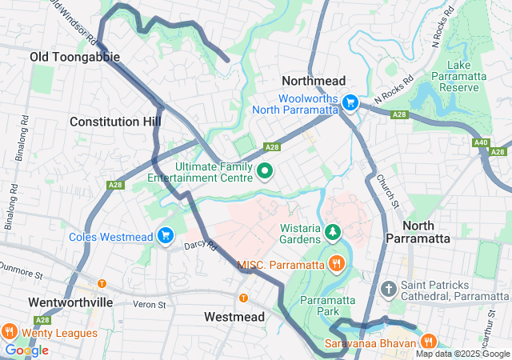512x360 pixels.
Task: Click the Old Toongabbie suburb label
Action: click(x=74, y=57)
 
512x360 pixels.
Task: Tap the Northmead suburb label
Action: click(x=313, y=81)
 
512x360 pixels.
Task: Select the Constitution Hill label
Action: click(x=115, y=122)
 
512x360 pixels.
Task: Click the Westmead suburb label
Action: click(x=234, y=317)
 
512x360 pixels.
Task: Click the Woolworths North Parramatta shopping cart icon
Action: click(x=350, y=102)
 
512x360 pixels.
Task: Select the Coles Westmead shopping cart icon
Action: click(x=166, y=235)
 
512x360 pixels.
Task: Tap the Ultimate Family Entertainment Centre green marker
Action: click(x=265, y=170)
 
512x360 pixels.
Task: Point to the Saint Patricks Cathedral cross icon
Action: click(x=389, y=288)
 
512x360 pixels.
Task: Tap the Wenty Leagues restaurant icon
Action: click(x=10, y=331)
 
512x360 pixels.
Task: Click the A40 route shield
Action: click(x=481, y=142)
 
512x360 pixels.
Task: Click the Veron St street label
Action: click(x=149, y=304)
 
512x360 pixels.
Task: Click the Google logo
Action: click(x=26, y=350)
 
